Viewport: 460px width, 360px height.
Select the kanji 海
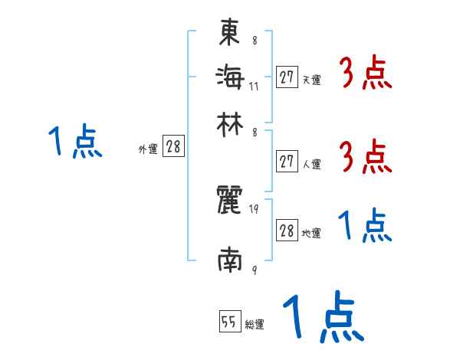click(x=230, y=77)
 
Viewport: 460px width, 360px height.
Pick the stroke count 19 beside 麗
click(x=254, y=209)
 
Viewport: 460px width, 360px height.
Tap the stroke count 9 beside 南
click(x=254, y=270)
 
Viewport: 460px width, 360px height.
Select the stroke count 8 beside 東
click(x=254, y=41)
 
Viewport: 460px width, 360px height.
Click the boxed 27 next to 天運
click(x=287, y=77)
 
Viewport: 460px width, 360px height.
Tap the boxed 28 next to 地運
click(x=287, y=231)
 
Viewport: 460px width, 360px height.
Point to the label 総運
click(x=254, y=326)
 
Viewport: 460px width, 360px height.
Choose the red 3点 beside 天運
click(x=364, y=74)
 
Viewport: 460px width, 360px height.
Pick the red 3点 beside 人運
click(x=364, y=157)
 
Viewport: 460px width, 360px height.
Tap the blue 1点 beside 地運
click(x=364, y=227)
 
